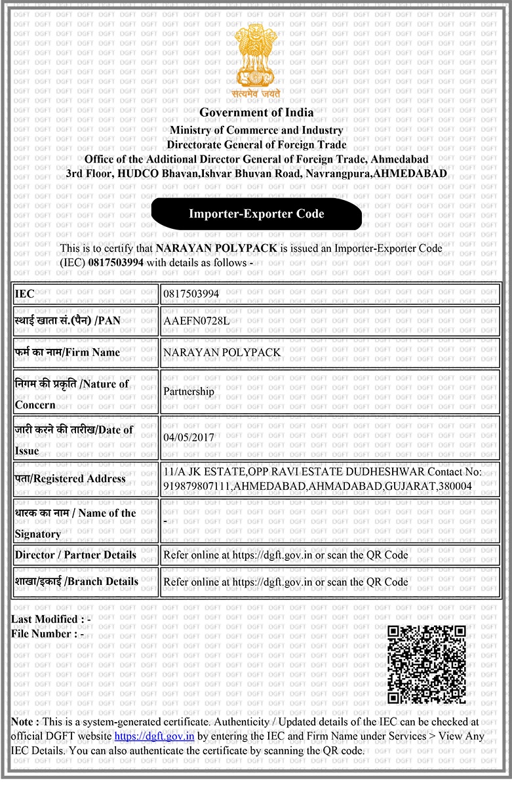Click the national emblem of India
coord(256,58)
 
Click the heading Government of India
coord(256,112)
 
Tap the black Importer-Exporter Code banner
coord(256,214)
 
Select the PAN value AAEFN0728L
coord(196,321)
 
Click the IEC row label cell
coord(85,294)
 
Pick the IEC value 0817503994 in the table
coord(191,294)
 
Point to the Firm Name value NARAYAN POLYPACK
coord(222,353)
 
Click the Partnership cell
coord(189,392)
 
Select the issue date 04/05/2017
coord(186,437)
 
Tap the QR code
coord(427,664)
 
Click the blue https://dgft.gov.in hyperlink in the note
coord(154,736)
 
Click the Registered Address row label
coord(70,479)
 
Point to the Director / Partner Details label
coord(75,555)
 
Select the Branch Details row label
coord(77,582)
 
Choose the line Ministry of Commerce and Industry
coord(256,131)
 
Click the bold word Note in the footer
coord(24,721)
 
